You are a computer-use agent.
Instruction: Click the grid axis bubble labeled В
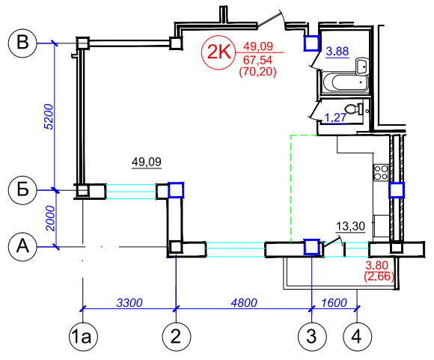[x=22, y=43]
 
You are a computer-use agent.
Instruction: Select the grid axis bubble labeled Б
[x=22, y=190]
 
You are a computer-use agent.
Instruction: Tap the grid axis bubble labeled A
[x=22, y=246]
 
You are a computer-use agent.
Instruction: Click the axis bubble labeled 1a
[x=83, y=337]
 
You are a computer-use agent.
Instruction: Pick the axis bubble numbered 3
[x=312, y=337]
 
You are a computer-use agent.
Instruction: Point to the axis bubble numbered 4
[x=357, y=337]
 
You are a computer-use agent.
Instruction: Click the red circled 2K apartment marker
[x=218, y=52]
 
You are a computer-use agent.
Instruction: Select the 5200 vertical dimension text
[x=49, y=117]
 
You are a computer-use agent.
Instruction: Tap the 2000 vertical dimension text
[x=51, y=219]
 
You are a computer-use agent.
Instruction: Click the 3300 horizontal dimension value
[x=129, y=302]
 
